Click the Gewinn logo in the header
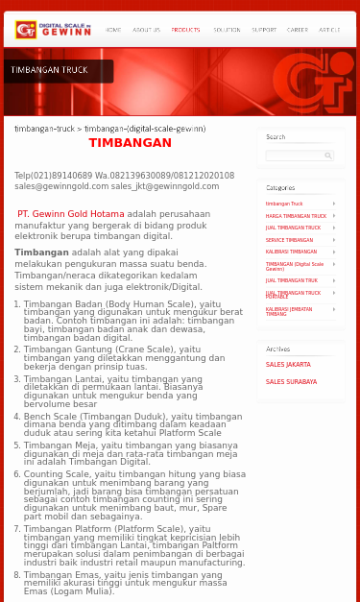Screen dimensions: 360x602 53,30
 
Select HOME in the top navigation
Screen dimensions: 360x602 113,31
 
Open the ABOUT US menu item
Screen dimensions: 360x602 146,31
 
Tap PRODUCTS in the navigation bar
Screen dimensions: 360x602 185,31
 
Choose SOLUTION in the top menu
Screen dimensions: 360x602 227,31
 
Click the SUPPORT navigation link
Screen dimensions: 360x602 264,31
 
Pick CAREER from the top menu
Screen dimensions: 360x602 298,31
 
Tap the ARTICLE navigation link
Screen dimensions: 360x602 329,31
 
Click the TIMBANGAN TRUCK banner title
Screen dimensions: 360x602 50,70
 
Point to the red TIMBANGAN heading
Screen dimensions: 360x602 130,143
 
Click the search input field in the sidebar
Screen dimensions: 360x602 294,155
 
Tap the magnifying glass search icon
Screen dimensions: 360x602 328,155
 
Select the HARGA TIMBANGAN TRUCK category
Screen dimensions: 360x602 296,216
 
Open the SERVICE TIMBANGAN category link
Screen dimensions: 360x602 289,240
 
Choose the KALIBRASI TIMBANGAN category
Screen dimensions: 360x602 291,252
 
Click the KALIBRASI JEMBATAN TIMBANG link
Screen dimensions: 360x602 290,311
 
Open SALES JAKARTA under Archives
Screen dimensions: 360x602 288,365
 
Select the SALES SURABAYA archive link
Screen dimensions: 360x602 291,382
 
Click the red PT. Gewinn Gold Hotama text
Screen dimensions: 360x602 71,214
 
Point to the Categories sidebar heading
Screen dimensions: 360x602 280,188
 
